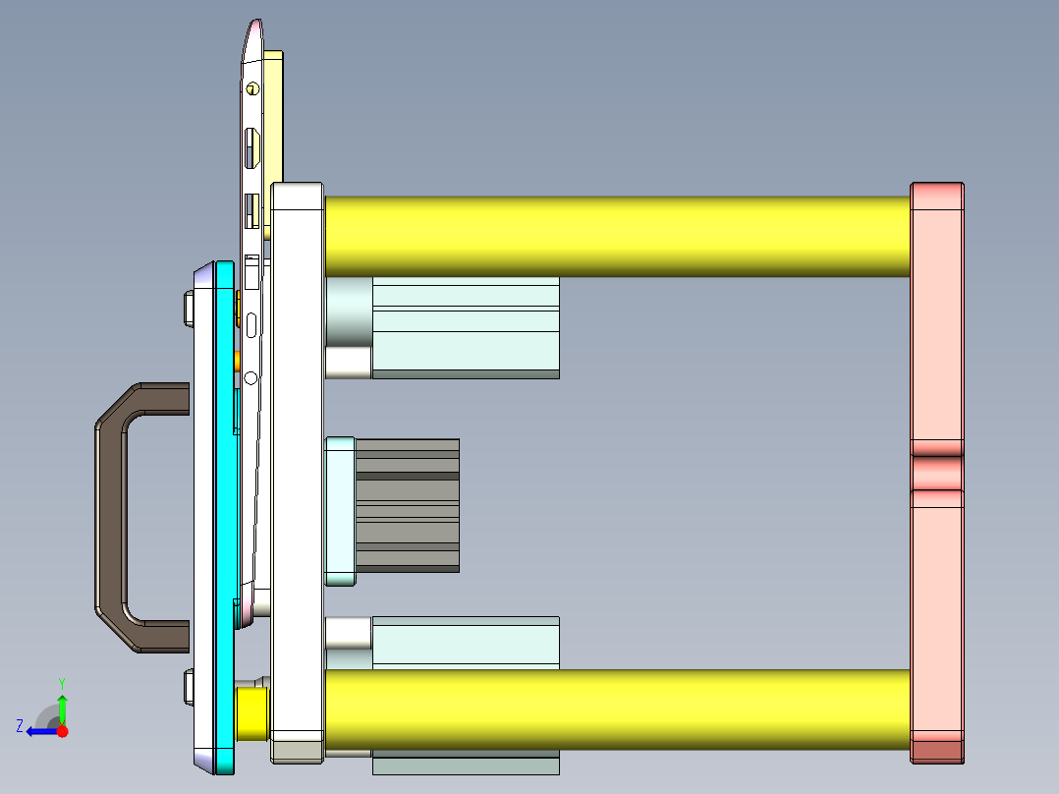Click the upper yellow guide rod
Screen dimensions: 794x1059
(x=617, y=236)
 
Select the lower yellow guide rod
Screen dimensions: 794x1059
(x=617, y=709)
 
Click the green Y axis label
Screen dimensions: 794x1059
(x=62, y=682)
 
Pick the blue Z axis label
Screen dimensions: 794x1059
(x=20, y=725)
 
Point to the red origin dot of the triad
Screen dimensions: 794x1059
(x=62, y=731)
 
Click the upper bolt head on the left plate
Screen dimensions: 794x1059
(x=188, y=308)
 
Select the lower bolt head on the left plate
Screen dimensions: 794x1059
(x=188, y=687)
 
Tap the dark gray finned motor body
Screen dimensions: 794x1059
(x=407, y=505)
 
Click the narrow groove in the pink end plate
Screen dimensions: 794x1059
(x=936, y=473)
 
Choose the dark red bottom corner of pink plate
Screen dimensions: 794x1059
(x=936, y=752)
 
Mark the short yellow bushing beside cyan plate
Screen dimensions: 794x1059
(x=253, y=713)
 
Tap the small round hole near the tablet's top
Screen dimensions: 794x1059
(x=252, y=88)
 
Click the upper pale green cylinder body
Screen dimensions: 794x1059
(x=465, y=326)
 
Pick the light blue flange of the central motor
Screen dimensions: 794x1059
(x=340, y=511)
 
